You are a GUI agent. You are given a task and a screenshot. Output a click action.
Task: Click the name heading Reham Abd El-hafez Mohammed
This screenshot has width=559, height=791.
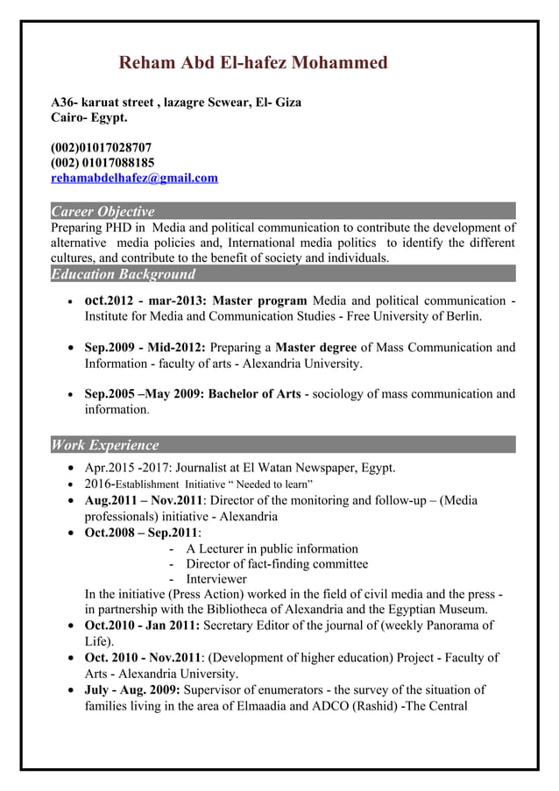click(x=252, y=63)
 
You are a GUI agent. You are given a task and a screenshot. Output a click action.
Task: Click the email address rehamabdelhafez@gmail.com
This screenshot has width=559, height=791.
click(x=134, y=178)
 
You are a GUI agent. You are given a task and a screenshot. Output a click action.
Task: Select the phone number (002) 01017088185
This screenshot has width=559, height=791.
click(x=103, y=163)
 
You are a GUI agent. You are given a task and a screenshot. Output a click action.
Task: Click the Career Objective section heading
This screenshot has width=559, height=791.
click(x=103, y=211)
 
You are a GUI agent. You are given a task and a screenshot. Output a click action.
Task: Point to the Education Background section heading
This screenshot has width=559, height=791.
click(x=123, y=274)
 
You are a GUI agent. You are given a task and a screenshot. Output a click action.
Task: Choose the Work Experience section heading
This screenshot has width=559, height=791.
click(x=105, y=445)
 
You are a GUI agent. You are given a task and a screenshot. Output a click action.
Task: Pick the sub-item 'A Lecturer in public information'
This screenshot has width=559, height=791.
click(x=272, y=548)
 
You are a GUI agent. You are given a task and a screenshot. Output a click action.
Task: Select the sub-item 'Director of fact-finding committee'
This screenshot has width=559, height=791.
click(x=277, y=563)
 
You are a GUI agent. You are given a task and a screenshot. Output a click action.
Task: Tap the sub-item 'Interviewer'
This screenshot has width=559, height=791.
click(x=216, y=579)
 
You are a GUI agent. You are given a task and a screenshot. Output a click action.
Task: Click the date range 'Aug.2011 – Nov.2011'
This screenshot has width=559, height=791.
click(x=144, y=500)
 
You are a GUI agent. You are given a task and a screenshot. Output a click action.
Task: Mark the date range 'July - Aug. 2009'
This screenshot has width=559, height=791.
click(x=134, y=689)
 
